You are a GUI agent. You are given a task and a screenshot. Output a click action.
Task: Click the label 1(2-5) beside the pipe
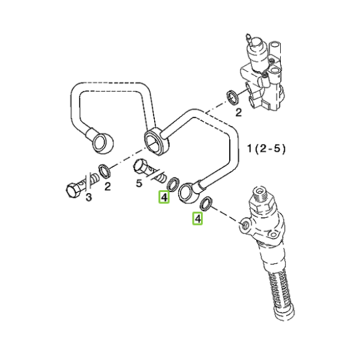click(x=266, y=149)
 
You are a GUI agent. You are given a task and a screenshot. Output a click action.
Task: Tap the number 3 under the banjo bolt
click(x=89, y=197)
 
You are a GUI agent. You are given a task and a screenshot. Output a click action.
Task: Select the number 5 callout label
click(x=139, y=184)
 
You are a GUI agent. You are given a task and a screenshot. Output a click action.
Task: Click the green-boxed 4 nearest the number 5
click(x=164, y=197)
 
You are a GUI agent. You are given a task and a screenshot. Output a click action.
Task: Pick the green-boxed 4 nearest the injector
click(x=197, y=218)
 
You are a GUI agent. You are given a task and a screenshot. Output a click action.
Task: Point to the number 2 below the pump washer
click(x=239, y=113)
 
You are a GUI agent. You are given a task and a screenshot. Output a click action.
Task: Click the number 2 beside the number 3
click(x=107, y=187)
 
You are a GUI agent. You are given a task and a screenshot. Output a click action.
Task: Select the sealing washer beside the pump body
click(x=232, y=98)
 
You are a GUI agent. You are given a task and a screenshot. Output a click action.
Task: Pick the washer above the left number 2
click(x=104, y=171)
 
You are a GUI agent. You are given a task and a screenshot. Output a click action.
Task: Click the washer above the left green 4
click(x=173, y=184)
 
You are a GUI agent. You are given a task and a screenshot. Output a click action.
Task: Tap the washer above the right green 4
click(x=206, y=203)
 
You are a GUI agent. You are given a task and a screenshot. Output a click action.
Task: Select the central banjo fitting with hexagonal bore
click(x=157, y=142)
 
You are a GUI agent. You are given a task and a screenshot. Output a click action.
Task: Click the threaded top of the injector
click(x=261, y=194)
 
